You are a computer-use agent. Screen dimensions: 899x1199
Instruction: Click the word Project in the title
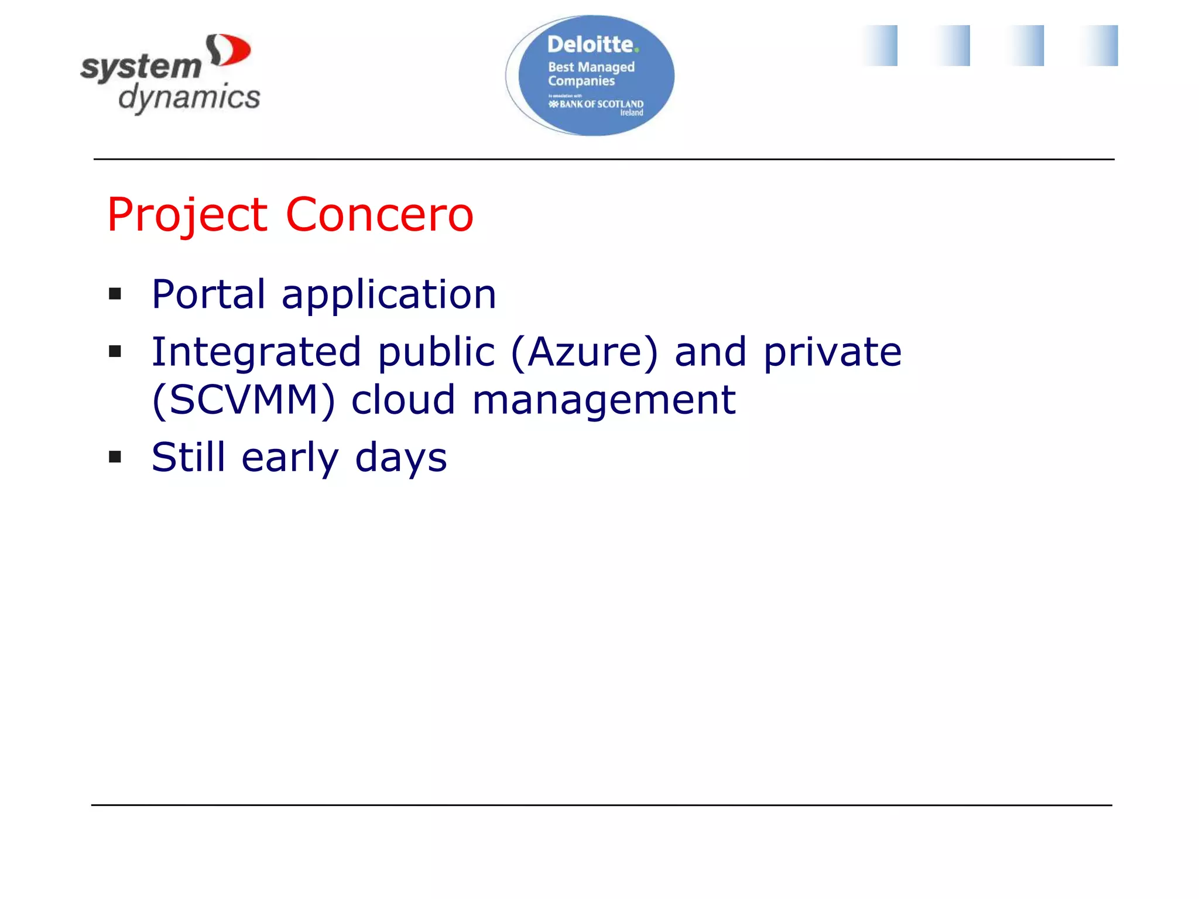pyautogui.click(x=187, y=215)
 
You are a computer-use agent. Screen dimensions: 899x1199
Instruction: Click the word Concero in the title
pyautogui.click(x=379, y=215)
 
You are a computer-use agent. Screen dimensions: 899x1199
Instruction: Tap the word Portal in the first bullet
pyautogui.click(x=208, y=294)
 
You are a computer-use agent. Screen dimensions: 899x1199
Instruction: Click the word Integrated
pyautogui.click(x=256, y=354)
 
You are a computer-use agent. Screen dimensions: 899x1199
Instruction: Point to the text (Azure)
pyautogui.click(x=584, y=352)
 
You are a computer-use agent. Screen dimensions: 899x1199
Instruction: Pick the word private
pyautogui.click(x=832, y=354)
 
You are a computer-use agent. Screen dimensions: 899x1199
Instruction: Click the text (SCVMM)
pyautogui.click(x=244, y=400)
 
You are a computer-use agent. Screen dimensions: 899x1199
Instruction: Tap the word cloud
pyautogui.click(x=403, y=400)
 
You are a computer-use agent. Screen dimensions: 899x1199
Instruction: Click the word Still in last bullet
pyautogui.click(x=188, y=457)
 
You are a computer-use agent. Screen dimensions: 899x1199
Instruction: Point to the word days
pyautogui.click(x=401, y=458)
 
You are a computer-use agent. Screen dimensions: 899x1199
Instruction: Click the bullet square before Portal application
pyautogui.click(x=115, y=294)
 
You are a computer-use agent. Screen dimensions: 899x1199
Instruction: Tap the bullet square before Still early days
pyautogui.click(x=115, y=457)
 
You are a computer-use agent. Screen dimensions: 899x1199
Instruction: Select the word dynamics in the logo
pyautogui.click(x=189, y=98)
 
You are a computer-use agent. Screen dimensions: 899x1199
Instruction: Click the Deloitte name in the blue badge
pyautogui.click(x=590, y=44)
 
